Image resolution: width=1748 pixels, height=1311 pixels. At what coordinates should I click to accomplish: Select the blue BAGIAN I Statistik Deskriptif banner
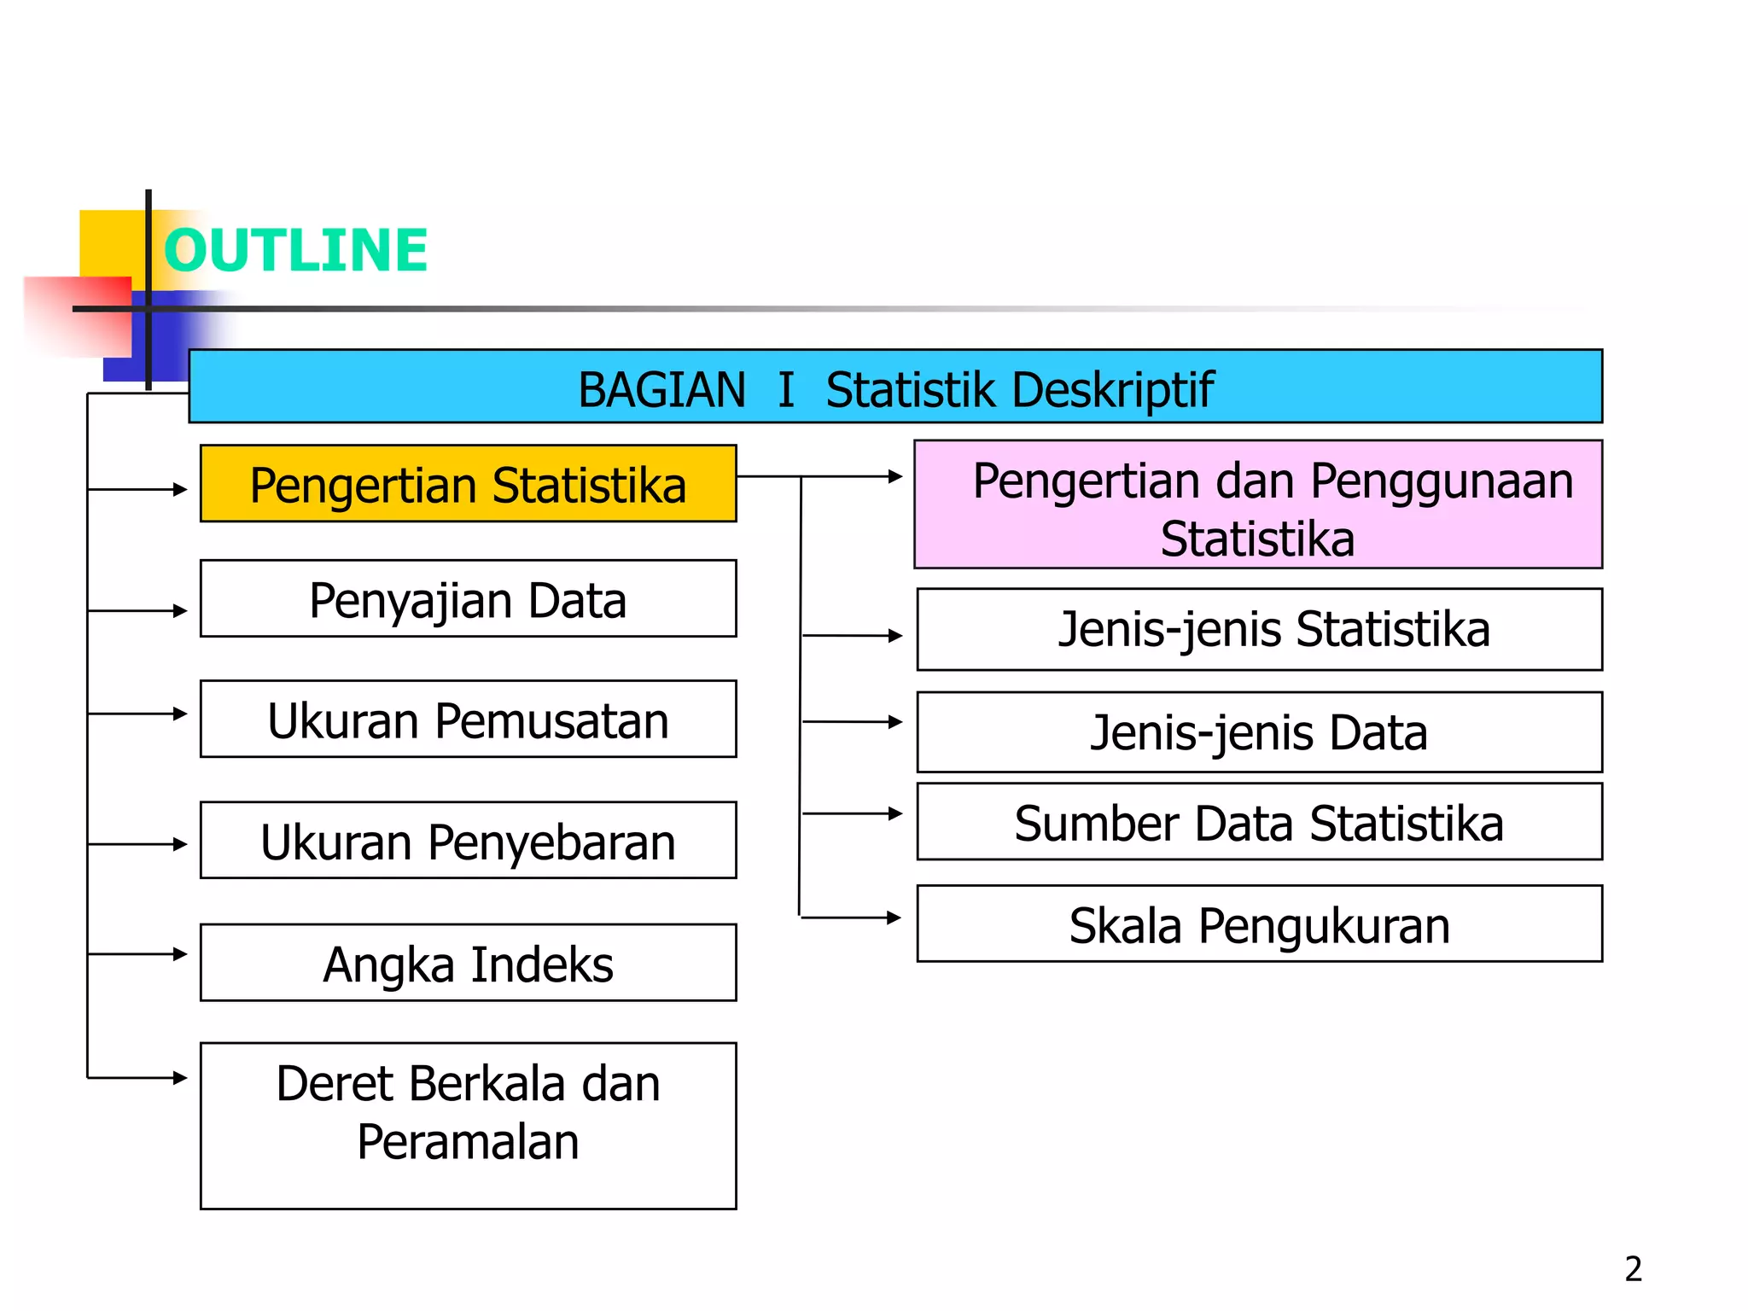894,387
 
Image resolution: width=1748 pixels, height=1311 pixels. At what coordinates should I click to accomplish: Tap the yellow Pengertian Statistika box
468,484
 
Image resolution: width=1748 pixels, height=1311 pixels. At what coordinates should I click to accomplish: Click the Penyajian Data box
468,599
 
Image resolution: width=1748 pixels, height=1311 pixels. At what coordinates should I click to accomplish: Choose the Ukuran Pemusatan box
468,720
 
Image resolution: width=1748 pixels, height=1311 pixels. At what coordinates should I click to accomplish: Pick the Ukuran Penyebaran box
468,841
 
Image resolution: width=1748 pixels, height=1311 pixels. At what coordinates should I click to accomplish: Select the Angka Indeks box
468,963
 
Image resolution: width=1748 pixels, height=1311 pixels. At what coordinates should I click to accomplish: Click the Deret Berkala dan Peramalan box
468,1125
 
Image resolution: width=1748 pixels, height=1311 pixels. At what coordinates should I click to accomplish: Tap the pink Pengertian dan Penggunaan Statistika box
1258,505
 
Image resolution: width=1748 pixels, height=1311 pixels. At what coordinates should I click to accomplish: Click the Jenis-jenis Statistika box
1259,630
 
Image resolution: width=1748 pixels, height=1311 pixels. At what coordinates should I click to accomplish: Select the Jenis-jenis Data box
1259,732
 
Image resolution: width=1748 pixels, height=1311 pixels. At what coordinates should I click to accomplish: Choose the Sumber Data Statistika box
1259,822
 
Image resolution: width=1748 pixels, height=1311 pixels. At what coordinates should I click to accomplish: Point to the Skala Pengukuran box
1259,924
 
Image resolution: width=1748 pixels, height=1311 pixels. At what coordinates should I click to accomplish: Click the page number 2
1633,1269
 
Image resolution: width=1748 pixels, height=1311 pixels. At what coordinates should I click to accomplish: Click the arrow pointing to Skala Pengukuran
851,918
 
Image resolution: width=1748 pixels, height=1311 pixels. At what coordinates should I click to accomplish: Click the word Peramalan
468,1142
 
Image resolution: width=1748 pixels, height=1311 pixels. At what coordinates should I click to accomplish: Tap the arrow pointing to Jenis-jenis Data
852,722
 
